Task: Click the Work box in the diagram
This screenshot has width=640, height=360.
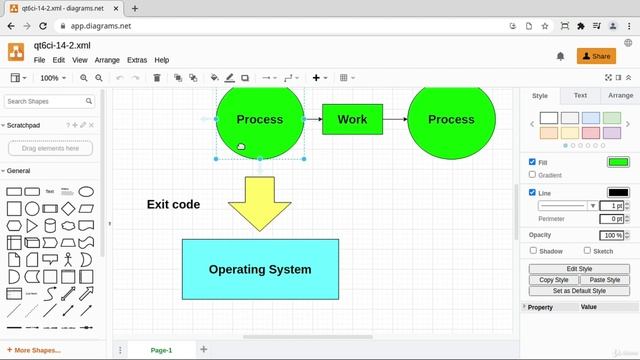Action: [352, 119]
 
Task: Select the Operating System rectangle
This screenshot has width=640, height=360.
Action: [260, 269]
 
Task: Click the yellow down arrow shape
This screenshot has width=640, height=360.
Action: [259, 203]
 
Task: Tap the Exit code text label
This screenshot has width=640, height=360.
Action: [173, 204]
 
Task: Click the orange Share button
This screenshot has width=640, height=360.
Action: [597, 56]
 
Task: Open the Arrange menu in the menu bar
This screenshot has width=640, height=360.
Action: [107, 60]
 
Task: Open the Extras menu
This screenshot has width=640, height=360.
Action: [137, 60]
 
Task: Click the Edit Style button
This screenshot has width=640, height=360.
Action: [579, 269]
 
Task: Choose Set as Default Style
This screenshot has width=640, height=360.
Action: [579, 290]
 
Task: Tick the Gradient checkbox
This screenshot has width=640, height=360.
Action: [532, 175]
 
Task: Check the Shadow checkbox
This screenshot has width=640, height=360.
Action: [533, 251]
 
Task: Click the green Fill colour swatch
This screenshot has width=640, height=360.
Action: [618, 162]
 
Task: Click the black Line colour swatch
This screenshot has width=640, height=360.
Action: [618, 192]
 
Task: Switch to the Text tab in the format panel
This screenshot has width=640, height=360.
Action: [580, 95]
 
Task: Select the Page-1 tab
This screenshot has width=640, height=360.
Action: [161, 350]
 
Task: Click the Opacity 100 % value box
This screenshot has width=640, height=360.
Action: [612, 235]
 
